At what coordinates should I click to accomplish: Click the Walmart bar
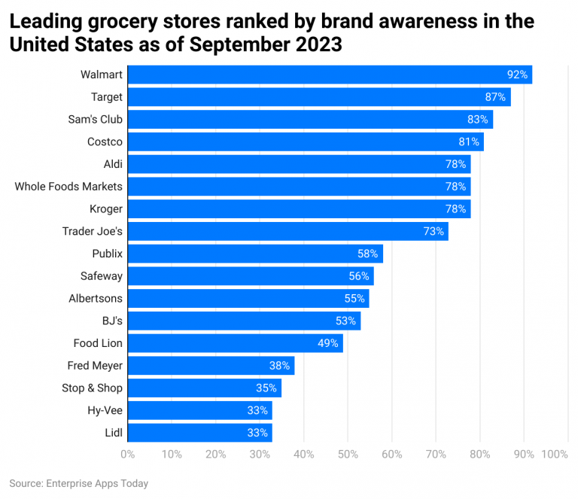coord(330,75)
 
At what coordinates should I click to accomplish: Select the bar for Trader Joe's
coord(287,231)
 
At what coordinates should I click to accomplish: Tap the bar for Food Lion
coord(235,343)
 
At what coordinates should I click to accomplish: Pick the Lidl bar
coord(199,433)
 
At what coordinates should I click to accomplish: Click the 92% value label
coord(517,75)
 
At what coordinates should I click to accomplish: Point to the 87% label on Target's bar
coord(495,97)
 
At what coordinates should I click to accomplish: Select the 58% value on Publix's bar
coord(367,254)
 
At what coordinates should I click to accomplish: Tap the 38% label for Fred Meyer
coord(279,366)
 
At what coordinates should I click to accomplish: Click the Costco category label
coord(104,141)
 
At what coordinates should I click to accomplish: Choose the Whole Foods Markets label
coord(68,187)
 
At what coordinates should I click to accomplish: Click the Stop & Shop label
coord(92,388)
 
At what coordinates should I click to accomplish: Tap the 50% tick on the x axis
coord(348,455)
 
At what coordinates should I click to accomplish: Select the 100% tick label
coord(555,455)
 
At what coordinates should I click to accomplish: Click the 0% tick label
coord(128,455)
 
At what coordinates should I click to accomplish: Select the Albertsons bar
coord(248,299)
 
